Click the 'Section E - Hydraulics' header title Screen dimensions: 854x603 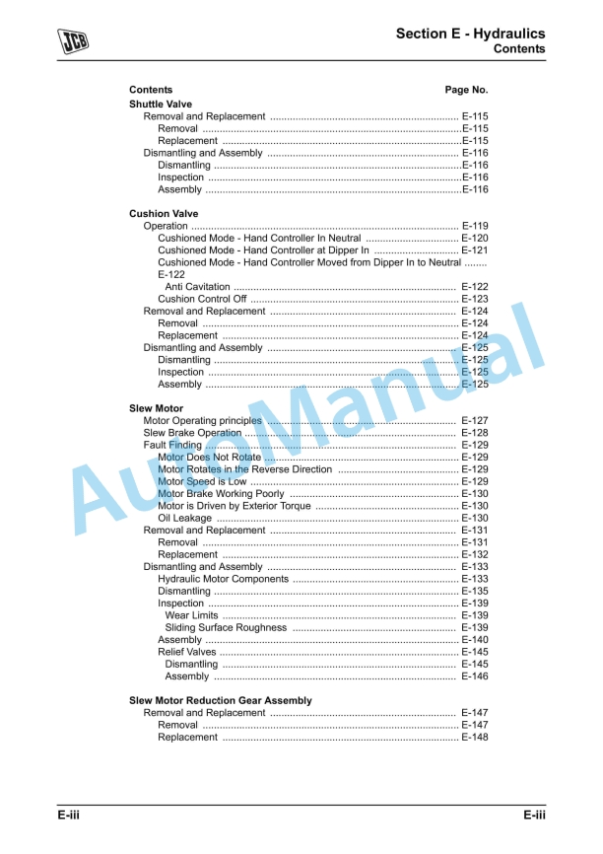tap(470, 34)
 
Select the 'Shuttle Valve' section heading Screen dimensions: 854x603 tap(161, 104)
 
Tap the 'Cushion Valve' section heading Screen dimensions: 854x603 tap(164, 213)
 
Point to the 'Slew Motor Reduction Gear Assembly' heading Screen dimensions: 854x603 tap(220, 700)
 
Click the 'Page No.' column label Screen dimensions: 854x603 tap(466, 90)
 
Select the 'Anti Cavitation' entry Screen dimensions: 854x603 tap(197, 287)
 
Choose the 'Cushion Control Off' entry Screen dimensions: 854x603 tap(202, 299)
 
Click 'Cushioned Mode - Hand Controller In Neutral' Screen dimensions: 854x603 tap(259, 238)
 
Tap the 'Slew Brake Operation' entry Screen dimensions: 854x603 tap(192, 433)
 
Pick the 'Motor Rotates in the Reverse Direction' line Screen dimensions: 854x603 tap(244, 469)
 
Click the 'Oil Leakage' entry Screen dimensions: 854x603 tap(184, 518)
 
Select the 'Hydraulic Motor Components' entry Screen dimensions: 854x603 tap(223, 579)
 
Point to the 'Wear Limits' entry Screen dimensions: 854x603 tap(191, 615)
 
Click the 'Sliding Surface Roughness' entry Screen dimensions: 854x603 tap(226, 627)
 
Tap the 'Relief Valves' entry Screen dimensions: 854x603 tap(186, 652)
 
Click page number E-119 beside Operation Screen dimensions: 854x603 tap(475, 226)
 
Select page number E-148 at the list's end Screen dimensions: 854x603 tap(475, 737)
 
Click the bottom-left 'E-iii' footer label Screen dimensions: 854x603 tap(68, 815)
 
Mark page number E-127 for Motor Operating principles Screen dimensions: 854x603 tap(475, 421)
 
